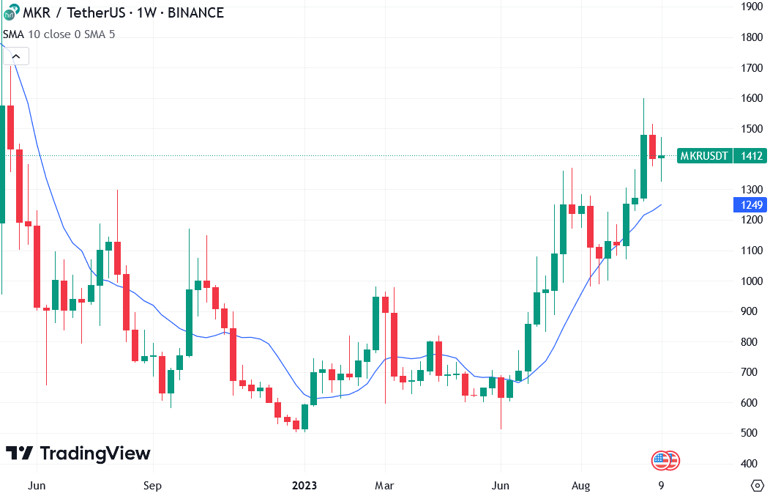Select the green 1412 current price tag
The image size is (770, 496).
pyautogui.click(x=752, y=155)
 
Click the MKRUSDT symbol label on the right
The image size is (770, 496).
pyautogui.click(x=703, y=155)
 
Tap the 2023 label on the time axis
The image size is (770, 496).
pyautogui.click(x=305, y=485)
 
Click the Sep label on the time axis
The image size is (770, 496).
pyautogui.click(x=152, y=485)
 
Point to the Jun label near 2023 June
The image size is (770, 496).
pyautogui.click(x=501, y=485)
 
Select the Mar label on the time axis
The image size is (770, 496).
pyautogui.click(x=384, y=485)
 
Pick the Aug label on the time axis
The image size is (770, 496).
pyautogui.click(x=580, y=485)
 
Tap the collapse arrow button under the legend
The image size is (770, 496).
pyautogui.click(x=16, y=56)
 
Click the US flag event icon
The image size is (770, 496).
pyautogui.click(x=662, y=461)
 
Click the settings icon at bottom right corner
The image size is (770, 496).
pyautogui.click(x=758, y=485)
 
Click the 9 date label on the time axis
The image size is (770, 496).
pyautogui.click(x=661, y=485)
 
